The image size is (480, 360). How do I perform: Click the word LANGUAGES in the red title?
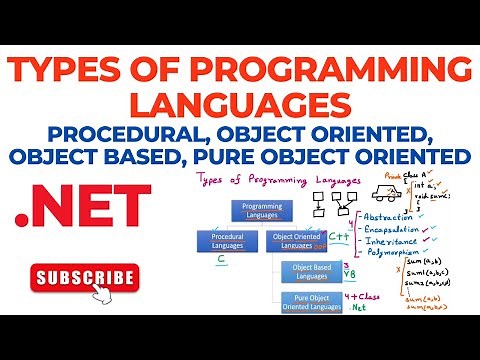[240, 105]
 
